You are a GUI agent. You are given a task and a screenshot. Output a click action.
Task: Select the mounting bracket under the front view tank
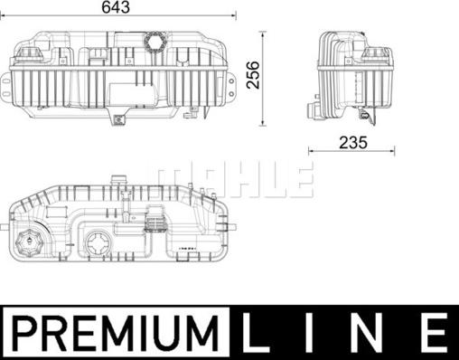coord(118,118)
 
